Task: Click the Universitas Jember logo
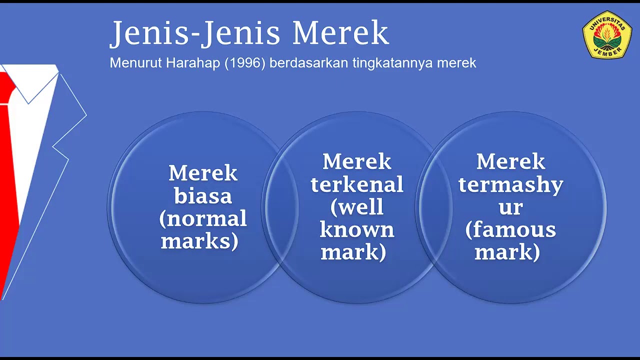pos(607,34)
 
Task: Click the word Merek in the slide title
pos(340,33)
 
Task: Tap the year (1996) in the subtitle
pos(244,63)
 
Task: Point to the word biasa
pos(203,196)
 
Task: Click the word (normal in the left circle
pos(203,218)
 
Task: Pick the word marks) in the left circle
pos(199,241)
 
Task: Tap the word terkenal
pos(357,184)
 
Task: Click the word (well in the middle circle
pos(357,207)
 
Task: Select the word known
pos(357,230)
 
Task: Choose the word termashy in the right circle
pos(510,184)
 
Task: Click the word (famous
pos(510,230)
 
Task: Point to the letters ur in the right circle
pos(510,207)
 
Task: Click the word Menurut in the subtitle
pos(131,63)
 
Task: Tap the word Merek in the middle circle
pos(357,161)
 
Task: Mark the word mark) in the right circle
pos(507,252)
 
